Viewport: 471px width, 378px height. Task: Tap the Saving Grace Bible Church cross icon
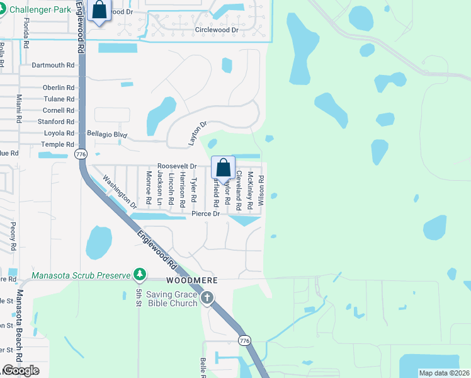click(x=207, y=298)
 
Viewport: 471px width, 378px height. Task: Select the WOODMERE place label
click(x=187, y=279)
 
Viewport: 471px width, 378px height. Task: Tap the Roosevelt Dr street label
click(x=177, y=166)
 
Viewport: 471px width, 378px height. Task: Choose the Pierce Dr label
click(x=205, y=214)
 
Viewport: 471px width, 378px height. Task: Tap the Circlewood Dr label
click(x=217, y=30)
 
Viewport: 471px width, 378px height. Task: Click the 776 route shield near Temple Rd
click(x=80, y=154)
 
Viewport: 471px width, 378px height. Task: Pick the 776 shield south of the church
click(x=245, y=340)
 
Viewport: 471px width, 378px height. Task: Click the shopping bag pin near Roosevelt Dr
click(x=223, y=168)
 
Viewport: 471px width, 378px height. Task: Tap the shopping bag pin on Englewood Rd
click(x=99, y=10)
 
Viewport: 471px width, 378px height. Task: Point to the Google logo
click(x=21, y=370)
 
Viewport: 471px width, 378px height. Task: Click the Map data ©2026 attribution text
click(x=443, y=373)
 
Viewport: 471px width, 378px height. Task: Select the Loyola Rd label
click(x=59, y=134)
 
